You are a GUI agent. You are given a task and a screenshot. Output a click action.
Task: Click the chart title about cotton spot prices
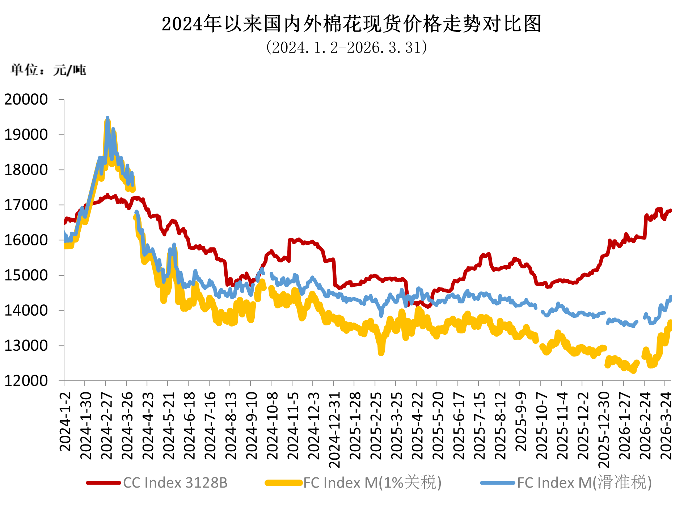pyautogui.click(x=351, y=24)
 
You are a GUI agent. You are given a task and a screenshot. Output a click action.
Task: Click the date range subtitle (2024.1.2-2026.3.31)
pyautogui.click(x=346, y=47)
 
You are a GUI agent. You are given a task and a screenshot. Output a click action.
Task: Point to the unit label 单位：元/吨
pyautogui.click(x=48, y=70)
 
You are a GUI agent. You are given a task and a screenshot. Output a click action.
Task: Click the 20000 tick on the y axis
pyautogui.click(x=26, y=100)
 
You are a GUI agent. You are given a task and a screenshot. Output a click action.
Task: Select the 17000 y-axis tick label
pyautogui.click(x=26, y=205)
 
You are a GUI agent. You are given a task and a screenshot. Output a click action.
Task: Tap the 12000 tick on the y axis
pyautogui.click(x=26, y=381)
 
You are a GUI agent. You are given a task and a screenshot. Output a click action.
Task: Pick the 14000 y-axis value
pyautogui.click(x=26, y=311)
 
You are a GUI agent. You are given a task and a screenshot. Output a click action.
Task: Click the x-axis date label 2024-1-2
pyautogui.click(x=65, y=422)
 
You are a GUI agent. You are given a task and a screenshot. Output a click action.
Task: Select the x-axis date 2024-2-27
pyautogui.click(x=106, y=425)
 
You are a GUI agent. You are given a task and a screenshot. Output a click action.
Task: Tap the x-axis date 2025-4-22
pyautogui.click(x=417, y=425)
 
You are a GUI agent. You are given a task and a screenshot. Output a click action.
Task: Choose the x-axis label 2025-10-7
pyautogui.click(x=542, y=425)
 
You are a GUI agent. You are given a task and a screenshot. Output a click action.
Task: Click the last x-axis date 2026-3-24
pyautogui.click(x=666, y=425)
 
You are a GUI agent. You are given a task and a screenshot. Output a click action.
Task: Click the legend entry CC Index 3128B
pyautogui.click(x=175, y=483)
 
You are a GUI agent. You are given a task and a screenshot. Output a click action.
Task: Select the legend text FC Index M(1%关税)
pyautogui.click(x=372, y=483)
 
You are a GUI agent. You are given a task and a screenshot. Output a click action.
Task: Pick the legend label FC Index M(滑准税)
pyautogui.click(x=584, y=483)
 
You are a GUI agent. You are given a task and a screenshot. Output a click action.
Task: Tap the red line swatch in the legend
pyautogui.click(x=104, y=483)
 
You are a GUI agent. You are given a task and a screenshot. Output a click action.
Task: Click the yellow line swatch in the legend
pyautogui.click(x=284, y=483)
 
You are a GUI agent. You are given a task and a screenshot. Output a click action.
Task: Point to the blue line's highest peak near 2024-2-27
pyautogui.click(x=107, y=118)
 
